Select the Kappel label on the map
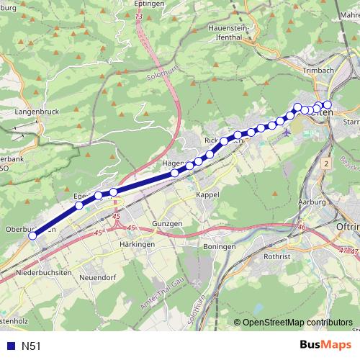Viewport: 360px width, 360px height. coord(207,195)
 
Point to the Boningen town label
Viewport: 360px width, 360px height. coord(220,246)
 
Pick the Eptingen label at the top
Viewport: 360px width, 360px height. coord(150,4)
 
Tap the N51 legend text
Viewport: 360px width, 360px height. coord(32,346)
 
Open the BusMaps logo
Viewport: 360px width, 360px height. coord(326,346)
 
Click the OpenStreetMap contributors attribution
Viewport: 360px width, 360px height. coord(293,323)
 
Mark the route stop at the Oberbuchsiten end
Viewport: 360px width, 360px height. coord(32,235)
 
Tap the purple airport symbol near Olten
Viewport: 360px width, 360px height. coord(288,132)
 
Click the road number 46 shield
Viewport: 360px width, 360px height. coord(301,227)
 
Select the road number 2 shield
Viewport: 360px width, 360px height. coord(326,164)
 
